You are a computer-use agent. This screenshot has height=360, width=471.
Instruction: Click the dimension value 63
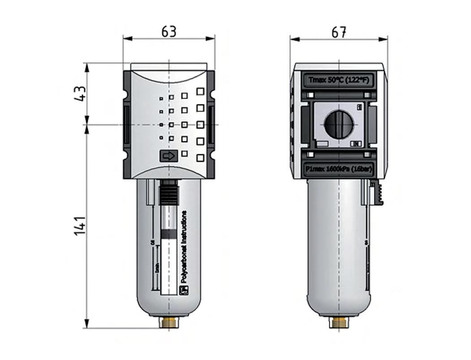click(x=169, y=32)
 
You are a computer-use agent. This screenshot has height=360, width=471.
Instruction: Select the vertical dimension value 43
click(x=80, y=94)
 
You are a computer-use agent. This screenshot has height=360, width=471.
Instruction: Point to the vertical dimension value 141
click(x=80, y=226)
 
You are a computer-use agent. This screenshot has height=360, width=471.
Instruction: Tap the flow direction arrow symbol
click(x=169, y=156)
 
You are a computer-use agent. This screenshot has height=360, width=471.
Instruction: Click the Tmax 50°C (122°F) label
click(x=339, y=80)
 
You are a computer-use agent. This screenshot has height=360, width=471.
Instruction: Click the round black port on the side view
click(x=339, y=125)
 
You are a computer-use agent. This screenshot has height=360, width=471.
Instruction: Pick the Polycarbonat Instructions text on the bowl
click(x=184, y=247)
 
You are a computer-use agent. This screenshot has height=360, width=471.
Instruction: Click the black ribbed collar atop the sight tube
click(x=169, y=193)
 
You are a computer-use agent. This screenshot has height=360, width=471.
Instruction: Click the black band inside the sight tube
click(x=169, y=234)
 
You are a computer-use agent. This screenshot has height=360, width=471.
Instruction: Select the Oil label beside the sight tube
click(x=152, y=243)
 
